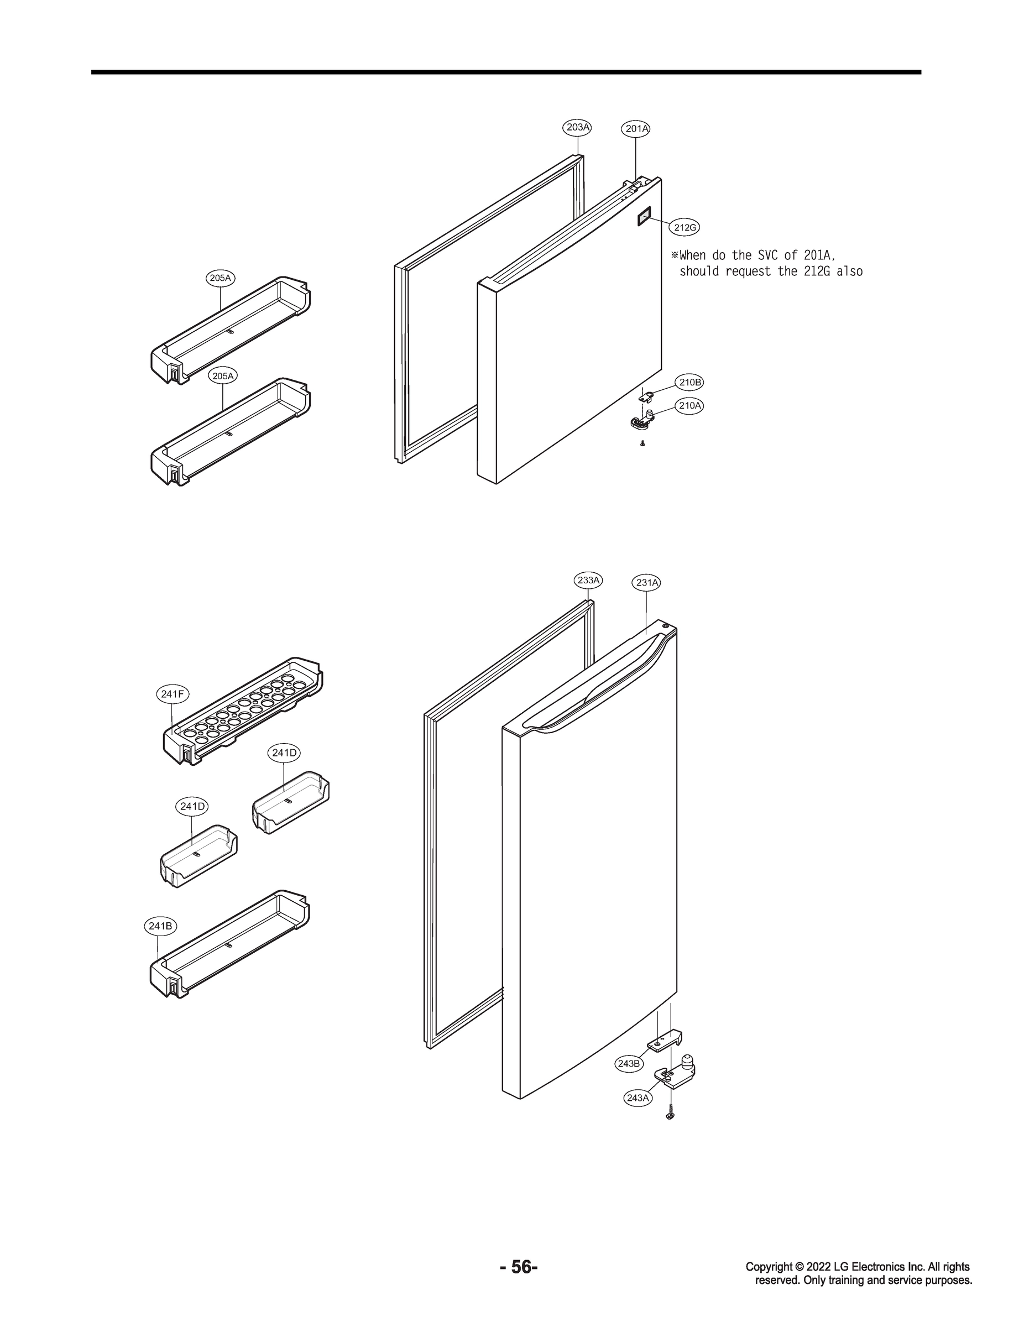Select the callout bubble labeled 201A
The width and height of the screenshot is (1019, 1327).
click(x=636, y=129)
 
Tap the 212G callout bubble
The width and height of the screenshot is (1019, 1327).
click(x=685, y=227)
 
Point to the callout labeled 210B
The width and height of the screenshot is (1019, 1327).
click(x=689, y=383)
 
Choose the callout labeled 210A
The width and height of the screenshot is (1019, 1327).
click(x=689, y=406)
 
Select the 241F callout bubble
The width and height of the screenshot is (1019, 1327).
click(x=173, y=694)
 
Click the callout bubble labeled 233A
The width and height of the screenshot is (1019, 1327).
click(x=588, y=580)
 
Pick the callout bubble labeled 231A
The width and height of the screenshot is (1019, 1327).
click(x=646, y=583)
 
